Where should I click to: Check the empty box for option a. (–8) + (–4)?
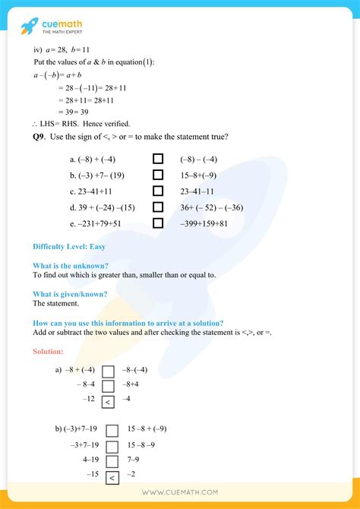[158, 160]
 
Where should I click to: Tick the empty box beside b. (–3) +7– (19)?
[158, 175]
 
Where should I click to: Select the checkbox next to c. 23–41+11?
[158, 191]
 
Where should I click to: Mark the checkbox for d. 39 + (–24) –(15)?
[158, 207]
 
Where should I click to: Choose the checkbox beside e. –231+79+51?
[158, 223]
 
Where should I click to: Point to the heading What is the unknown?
[71, 266]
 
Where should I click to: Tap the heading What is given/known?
[70, 294]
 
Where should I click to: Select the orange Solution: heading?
[48, 351]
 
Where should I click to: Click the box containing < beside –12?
[108, 401]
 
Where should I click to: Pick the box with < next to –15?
[112, 478]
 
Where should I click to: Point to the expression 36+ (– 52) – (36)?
[212, 207]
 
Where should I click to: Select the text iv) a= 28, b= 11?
[62, 49]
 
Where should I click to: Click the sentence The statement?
[55, 303]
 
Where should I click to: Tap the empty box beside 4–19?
[112, 461]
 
